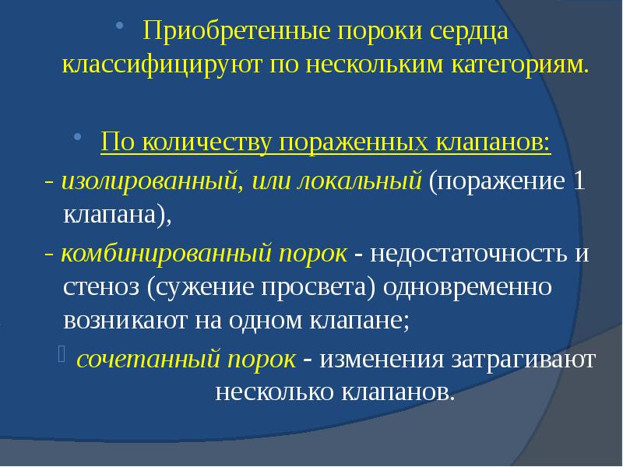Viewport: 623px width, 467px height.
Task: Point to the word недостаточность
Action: coord(470,254)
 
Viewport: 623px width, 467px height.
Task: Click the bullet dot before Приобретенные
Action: coord(118,28)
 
